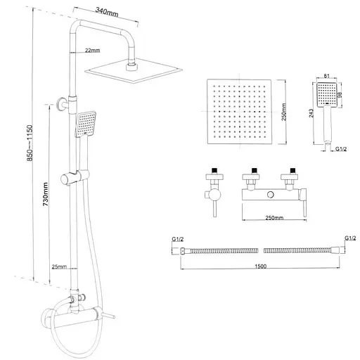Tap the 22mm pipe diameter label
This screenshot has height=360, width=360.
point(91,51)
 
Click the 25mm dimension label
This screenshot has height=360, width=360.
point(59,266)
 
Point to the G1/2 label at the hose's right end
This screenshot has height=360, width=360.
point(349,240)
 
